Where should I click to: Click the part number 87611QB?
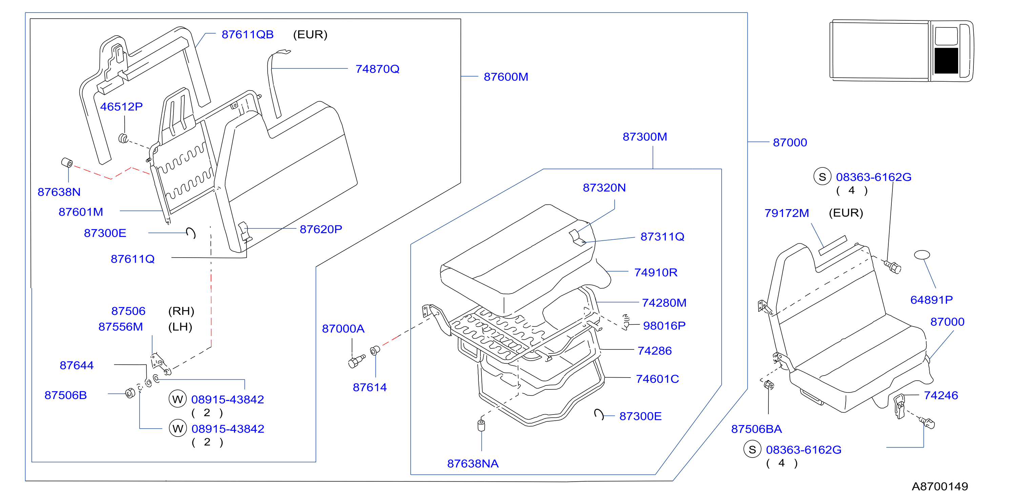247,35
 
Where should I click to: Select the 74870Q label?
377,69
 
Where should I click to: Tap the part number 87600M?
505,77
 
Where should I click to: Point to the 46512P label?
121,107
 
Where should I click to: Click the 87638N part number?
59,192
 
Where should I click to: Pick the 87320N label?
604,188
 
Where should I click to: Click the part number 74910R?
656,273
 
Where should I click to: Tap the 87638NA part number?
473,464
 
